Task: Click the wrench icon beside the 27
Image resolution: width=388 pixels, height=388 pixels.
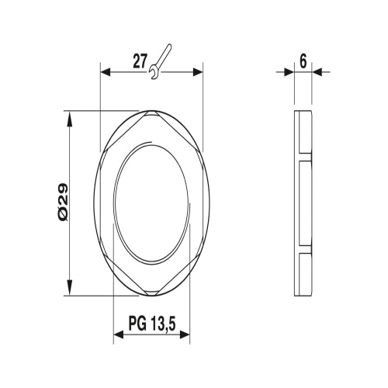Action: (x=160, y=61)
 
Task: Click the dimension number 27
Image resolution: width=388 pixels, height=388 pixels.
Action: (x=140, y=61)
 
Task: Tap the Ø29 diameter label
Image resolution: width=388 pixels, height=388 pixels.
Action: (x=63, y=203)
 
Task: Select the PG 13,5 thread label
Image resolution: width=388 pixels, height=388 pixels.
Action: (x=152, y=324)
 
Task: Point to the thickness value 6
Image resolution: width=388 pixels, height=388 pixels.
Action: (x=303, y=61)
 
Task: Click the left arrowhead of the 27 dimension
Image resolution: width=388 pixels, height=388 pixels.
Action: (x=106, y=72)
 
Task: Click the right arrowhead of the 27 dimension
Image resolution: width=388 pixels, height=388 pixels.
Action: (x=198, y=72)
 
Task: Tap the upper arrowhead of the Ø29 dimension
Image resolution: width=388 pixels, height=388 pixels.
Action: (x=69, y=120)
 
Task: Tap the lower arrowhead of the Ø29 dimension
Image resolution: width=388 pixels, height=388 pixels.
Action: (x=69, y=287)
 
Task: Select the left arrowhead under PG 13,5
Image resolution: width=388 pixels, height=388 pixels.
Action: (x=119, y=335)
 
